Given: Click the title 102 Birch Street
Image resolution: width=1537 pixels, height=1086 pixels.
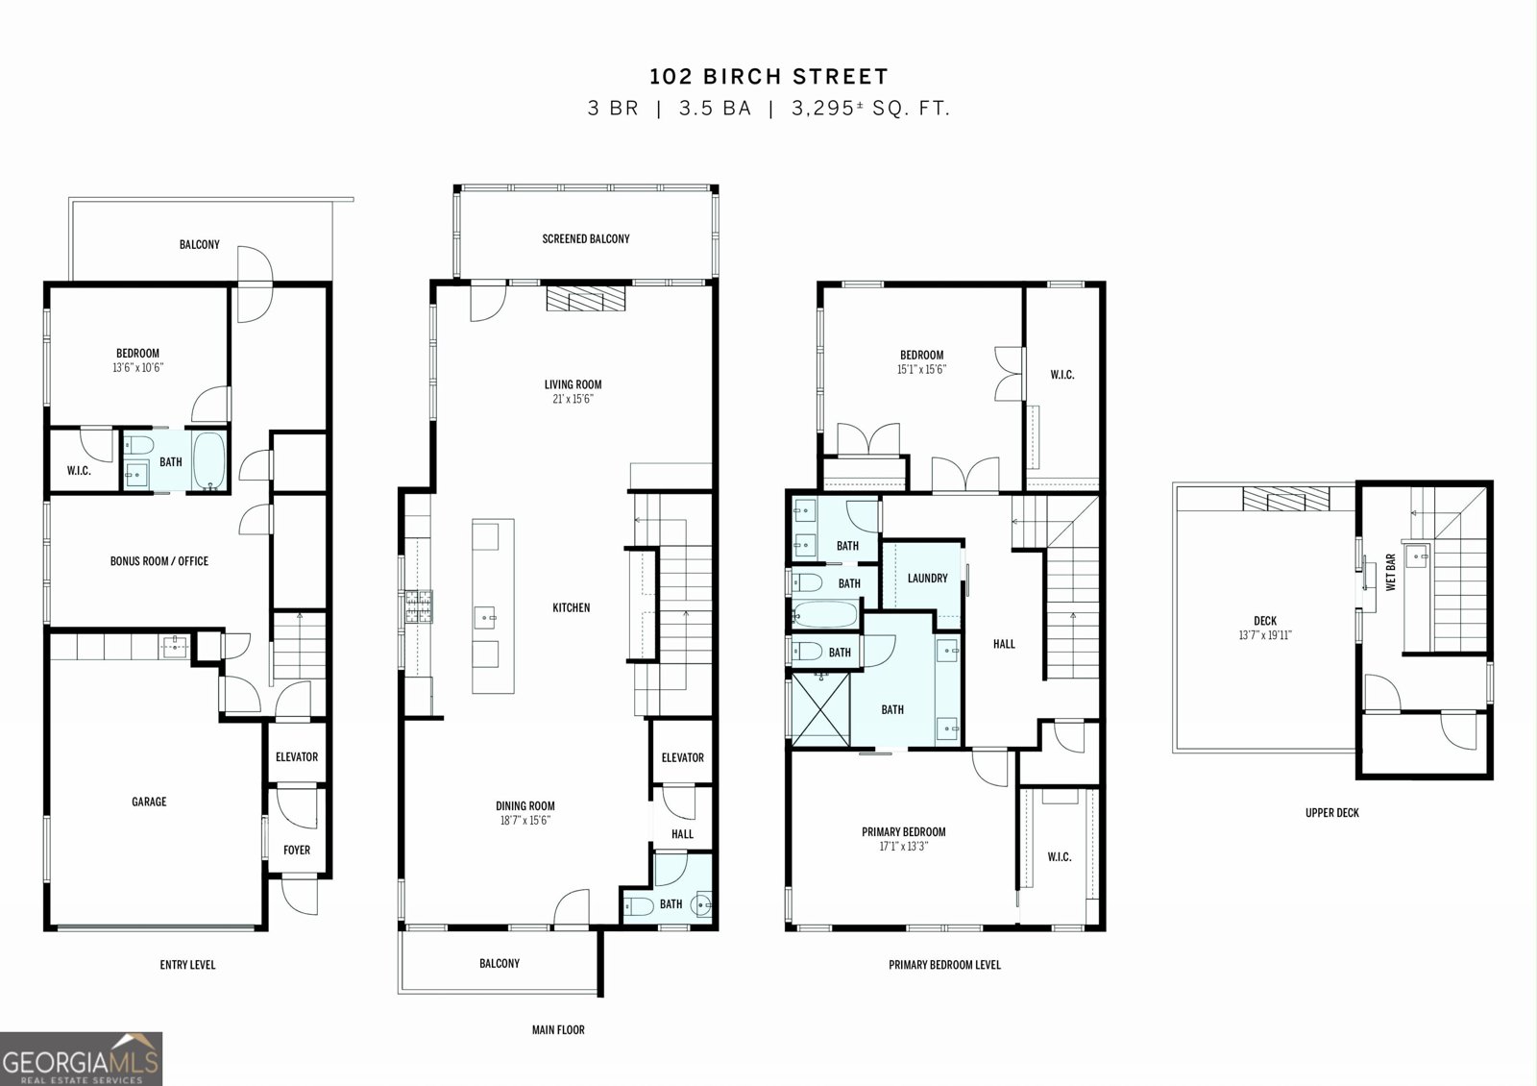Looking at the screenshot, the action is point(768,76).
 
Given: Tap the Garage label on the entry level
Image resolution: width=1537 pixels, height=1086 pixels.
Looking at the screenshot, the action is point(149,802).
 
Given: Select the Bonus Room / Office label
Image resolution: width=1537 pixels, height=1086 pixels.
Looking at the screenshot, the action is point(159,561).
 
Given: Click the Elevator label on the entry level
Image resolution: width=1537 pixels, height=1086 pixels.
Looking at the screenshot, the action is point(297,756).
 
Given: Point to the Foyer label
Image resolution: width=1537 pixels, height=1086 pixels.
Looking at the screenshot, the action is point(297,850).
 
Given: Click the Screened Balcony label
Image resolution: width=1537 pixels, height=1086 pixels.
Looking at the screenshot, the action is point(585,239).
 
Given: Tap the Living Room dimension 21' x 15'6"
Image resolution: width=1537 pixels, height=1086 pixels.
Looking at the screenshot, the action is point(573,399).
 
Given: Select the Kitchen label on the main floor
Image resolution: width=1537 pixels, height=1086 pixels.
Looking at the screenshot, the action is point(571,607).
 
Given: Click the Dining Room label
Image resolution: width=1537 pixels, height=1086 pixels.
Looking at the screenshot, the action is point(525,806).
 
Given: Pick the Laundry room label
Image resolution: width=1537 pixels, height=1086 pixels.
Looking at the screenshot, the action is point(927,578).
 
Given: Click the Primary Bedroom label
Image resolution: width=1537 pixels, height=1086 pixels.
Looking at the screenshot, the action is point(903,832).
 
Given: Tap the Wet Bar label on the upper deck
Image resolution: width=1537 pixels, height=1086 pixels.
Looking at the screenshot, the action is point(1391,572).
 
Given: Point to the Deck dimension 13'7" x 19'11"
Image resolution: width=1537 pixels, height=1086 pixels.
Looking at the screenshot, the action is point(1264,635).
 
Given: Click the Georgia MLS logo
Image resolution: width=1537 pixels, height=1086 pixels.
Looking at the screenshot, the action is point(81,1058).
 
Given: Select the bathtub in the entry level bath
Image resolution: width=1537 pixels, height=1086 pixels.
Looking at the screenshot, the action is point(208,460).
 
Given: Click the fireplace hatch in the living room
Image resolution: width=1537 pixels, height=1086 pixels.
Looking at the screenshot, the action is point(586,298).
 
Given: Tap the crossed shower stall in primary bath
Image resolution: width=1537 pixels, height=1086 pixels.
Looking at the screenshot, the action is point(820,709).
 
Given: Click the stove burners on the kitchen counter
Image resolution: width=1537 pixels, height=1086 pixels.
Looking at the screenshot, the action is point(419,606).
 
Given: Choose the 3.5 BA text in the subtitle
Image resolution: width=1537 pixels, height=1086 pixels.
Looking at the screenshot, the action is point(715,109).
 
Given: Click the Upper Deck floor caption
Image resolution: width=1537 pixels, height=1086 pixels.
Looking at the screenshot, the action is point(1331,813).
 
